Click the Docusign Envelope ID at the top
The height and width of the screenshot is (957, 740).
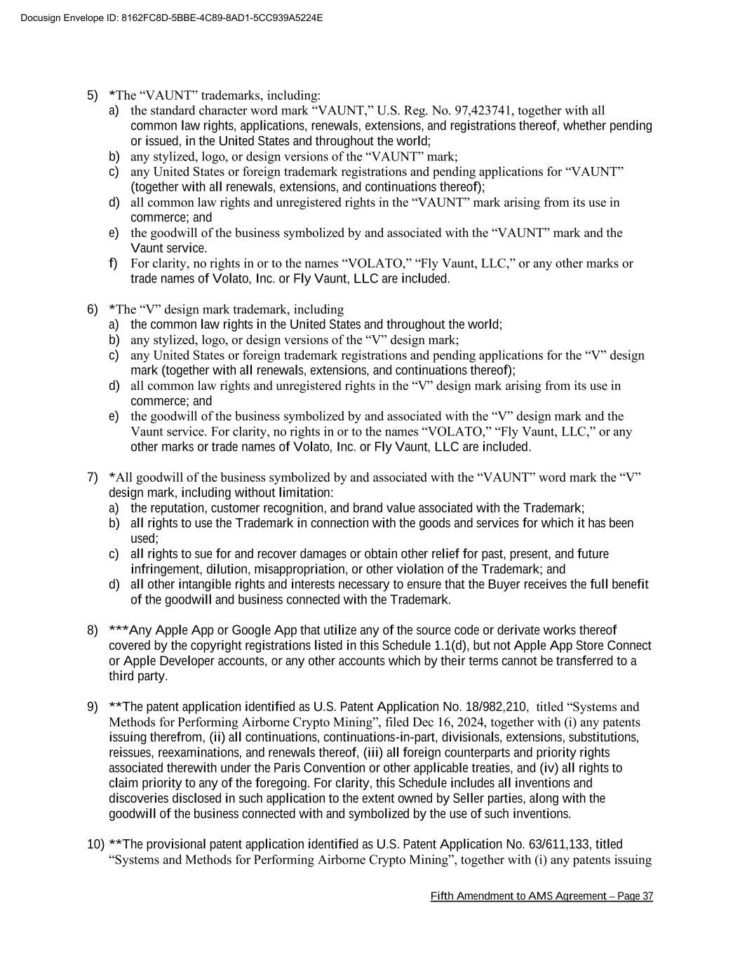(x=172, y=18)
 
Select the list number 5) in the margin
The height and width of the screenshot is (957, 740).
(x=93, y=95)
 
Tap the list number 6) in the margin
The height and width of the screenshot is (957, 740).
(x=93, y=309)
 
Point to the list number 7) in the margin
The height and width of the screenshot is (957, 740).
(x=93, y=477)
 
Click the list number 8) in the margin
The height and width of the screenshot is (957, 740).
(x=93, y=630)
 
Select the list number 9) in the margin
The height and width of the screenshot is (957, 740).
(x=93, y=707)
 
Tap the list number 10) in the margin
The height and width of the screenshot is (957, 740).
(x=95, y=844)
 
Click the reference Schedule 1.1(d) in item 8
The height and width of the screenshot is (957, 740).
(x=420, y=646)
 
